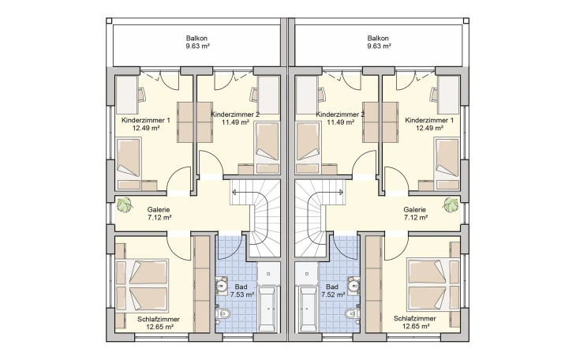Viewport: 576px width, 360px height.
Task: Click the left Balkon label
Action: [197, 42]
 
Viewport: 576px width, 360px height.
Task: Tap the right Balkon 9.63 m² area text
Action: [380, 46]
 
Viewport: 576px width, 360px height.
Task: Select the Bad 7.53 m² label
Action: [241, 291]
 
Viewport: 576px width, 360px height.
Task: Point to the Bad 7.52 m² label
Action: [333, 291]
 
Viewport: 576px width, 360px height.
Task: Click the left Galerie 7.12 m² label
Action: [159, 213]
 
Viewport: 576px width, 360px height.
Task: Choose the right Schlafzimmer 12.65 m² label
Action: [415, 322]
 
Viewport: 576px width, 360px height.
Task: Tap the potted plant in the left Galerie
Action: [125, 204]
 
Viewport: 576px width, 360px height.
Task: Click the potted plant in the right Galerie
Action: [451, 204]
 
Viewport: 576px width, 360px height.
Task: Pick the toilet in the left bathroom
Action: [223, 313]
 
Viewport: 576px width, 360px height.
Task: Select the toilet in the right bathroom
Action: [352, 313]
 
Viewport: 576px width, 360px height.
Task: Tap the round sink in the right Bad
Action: [353, 285]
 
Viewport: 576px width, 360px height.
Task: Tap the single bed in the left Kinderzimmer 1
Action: [129, 159]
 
